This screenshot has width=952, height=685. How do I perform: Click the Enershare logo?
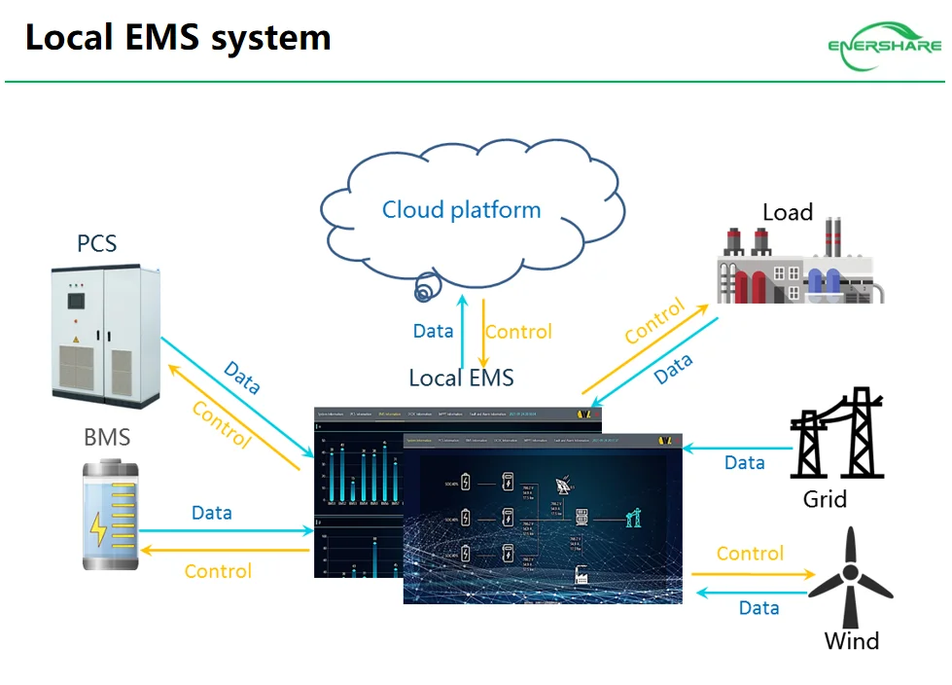(x=884, y=45)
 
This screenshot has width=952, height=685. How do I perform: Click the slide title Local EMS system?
(x=178, y=38)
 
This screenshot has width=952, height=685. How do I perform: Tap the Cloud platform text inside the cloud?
(x=461, y=209)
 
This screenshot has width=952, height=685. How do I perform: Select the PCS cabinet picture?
(x=105, y=335)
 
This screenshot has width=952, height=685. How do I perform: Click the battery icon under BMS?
(x=110, y=515)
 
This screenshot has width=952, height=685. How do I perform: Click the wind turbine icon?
(x=851, y=580)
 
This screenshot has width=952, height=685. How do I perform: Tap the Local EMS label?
(x=461, y=378)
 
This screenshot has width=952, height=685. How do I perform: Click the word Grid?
(x=825, y=500)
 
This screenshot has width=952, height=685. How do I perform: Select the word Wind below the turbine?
(x=851, y=641)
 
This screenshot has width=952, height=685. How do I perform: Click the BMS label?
(x=107, y=437)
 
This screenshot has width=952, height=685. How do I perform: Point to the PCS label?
(x=96, y=242)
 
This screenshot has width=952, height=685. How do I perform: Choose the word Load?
(x=787, y=212)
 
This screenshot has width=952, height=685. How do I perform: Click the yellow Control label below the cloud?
(x=518, y=332)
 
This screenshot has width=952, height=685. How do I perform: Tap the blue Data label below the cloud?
(x=433, y=331)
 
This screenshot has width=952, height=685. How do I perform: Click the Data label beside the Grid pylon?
(x=745, y=463)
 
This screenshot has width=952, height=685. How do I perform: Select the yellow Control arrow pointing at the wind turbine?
(x=753, y=575)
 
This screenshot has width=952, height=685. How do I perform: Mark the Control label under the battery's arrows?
(x=218, y=571)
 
